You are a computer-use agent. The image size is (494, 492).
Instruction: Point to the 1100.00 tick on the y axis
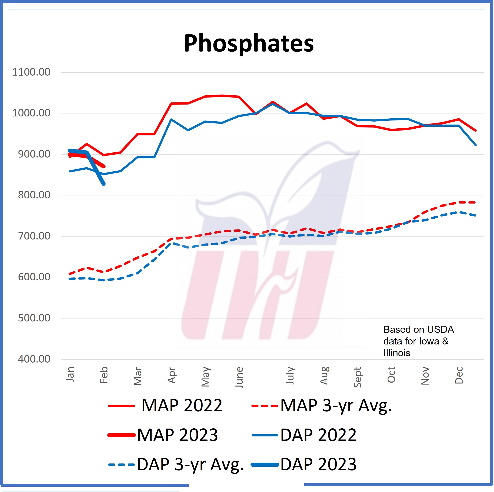coord(31,72)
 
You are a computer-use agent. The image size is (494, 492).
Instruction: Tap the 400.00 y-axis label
coord(34,359)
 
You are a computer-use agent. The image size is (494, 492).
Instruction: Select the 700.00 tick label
coord(34,236)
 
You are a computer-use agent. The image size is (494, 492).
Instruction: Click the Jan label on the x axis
coord(70,374)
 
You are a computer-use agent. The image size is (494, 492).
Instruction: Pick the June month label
coord(239,377)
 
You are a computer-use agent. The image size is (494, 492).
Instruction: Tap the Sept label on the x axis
coord(357,377)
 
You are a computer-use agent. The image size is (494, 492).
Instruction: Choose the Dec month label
coord(459,375)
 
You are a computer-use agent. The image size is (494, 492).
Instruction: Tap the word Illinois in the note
coord(397,353)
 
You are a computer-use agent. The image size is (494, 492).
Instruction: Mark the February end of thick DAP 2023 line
coord(104,184)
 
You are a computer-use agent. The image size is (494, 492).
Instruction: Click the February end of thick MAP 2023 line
coord(104,166)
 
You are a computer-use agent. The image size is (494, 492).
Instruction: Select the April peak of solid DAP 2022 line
coord(171,119)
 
